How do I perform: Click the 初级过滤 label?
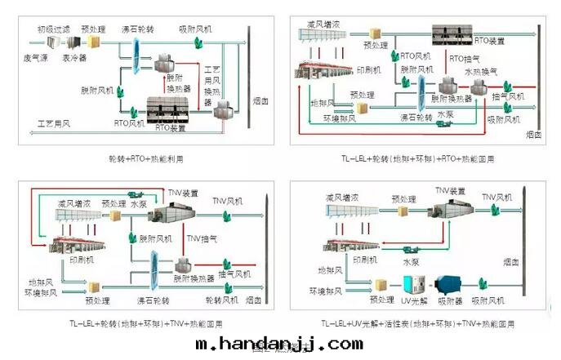(51, 29)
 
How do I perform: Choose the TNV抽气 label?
(202, 238)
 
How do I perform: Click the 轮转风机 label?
(221, 300)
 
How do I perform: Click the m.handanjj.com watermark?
(279, 344)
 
